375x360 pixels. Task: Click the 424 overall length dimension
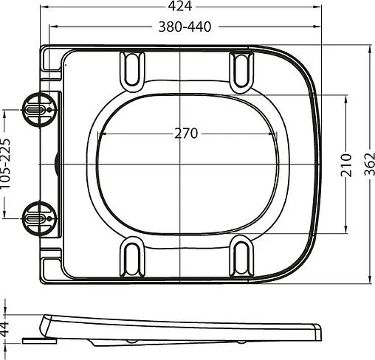click(179, 6)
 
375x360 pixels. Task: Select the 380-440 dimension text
click(185, 27)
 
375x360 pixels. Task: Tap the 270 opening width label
click(186, 134)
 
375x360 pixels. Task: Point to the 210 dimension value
click(345, 165)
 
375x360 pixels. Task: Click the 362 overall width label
click(369, 165)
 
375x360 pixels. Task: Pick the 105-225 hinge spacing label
click(5, 164)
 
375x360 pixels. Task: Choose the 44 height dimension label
click(5, 328)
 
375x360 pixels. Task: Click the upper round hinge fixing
click(39, 110)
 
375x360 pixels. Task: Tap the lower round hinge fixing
click(39, 218)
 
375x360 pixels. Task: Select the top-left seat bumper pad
click(132, 72)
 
